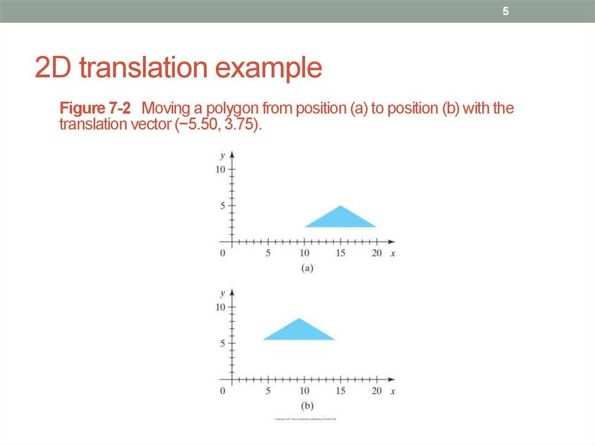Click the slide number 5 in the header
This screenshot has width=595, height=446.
coord(506,12)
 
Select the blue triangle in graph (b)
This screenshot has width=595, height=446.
coord(299,331)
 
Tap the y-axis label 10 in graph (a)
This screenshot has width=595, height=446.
coord(220,169)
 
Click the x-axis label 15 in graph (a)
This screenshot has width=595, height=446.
coord(340,254)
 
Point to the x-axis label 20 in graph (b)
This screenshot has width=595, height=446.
coord(377,391)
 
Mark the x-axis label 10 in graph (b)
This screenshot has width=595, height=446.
coord(304,391)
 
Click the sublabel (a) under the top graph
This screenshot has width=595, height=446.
coord(307,268)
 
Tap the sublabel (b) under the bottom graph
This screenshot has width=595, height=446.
coord(307,405)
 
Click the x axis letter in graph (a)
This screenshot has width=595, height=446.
coord(393,254)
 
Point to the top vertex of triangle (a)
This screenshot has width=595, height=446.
coord(341,206)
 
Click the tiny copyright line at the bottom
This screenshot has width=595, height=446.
coord(306,419)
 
